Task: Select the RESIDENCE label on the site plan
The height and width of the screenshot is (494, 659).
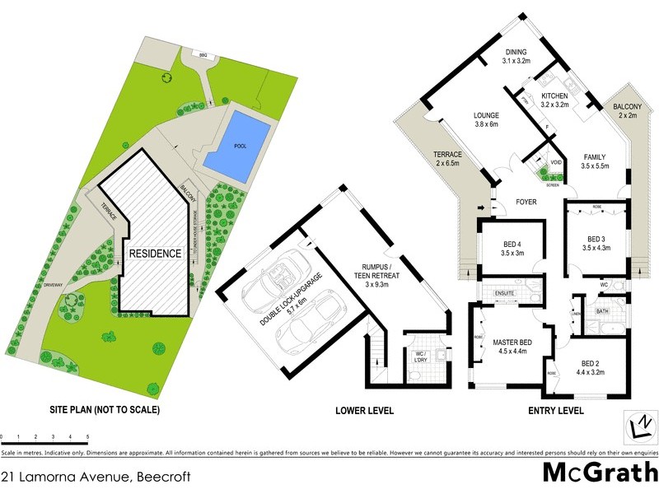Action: coord(154,254)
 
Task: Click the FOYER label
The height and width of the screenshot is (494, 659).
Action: coord(527,199)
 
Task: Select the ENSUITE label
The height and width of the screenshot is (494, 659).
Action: coord(505,292)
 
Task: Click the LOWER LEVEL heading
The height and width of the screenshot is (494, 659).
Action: coord(365,410)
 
